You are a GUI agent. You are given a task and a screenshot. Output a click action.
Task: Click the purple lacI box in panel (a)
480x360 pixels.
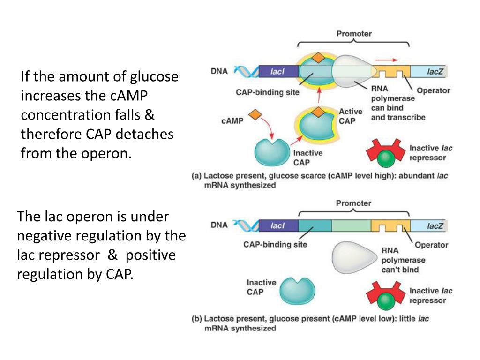coord(277,71)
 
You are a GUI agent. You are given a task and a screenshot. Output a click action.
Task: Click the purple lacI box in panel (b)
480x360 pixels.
coord(278,226)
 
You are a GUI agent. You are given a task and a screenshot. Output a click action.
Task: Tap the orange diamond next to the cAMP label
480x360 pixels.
coord(254,114)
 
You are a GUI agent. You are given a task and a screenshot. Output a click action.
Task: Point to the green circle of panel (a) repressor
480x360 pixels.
coord(386,160)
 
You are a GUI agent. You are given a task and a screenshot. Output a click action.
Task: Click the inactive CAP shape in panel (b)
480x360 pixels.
coord(297,292)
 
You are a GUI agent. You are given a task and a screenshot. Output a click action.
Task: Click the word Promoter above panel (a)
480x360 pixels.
coord(354,34)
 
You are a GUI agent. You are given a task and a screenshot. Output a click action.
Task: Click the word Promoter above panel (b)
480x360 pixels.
coord(354,203)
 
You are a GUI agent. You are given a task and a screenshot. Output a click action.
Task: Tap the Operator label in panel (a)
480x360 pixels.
coord(433,90)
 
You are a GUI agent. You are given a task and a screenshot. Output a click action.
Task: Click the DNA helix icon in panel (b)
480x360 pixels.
coord(245,226)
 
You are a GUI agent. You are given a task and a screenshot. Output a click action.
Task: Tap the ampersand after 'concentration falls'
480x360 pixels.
coord(150,115)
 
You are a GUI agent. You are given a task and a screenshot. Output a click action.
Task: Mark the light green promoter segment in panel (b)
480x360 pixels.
coord(351,226)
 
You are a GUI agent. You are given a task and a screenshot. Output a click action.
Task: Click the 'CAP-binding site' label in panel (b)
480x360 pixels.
coord(275,244)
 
